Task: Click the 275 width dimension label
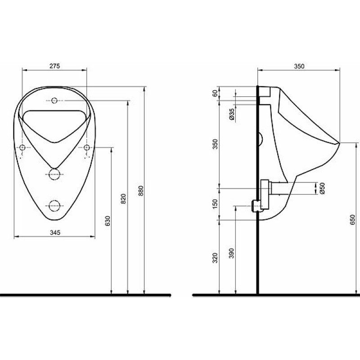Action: coord(54,66)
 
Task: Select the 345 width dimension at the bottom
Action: coord(55,233)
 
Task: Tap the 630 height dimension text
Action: coord(108,220)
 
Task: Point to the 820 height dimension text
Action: coord(124,199)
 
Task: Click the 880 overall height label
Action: coord(141,191)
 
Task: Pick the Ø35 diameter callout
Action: coord(232,114)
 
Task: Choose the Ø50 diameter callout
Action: coord(322,188)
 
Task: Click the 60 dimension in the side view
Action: coord(215,94)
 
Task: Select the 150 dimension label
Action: coord(215,204)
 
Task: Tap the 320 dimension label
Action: coord(215,258)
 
